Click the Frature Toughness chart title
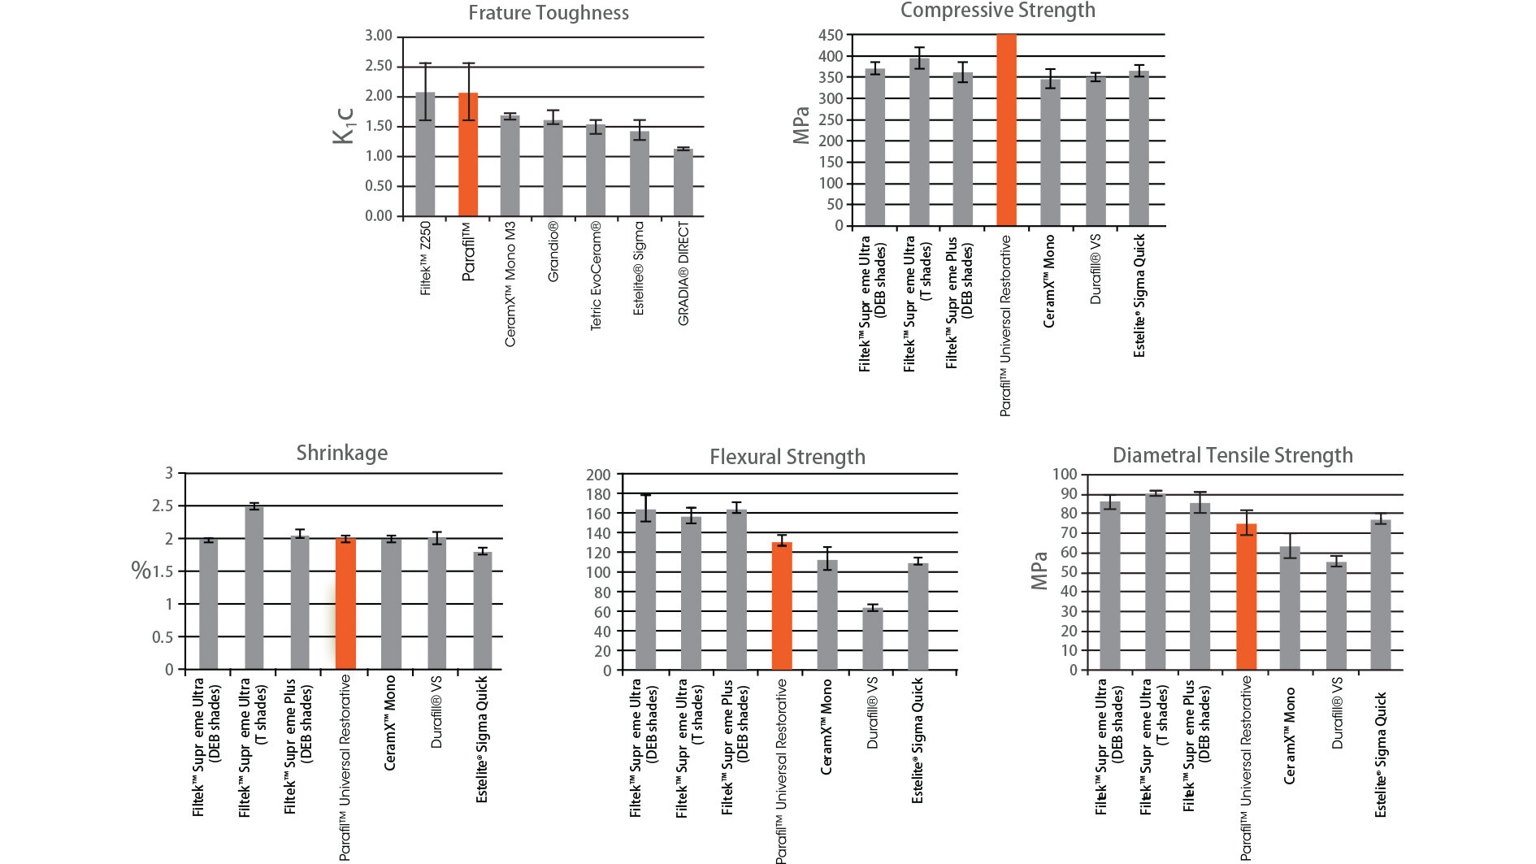[549, 13]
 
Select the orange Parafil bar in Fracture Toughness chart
[468, 154]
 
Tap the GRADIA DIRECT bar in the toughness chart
[683, 183]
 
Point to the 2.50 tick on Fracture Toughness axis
[379, 66]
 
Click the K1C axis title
[344, 126]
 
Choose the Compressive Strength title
[997, 11]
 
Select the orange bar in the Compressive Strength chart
[1006, 130]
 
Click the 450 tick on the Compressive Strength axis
[831, 36]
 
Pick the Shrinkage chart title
[341, 453]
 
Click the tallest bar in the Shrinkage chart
[254, 588]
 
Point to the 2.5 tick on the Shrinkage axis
[163, 506]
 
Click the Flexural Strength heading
[787, 457]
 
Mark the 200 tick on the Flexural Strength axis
[598, 475]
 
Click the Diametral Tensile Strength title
[1232, 455]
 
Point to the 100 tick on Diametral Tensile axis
[1065, 475]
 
